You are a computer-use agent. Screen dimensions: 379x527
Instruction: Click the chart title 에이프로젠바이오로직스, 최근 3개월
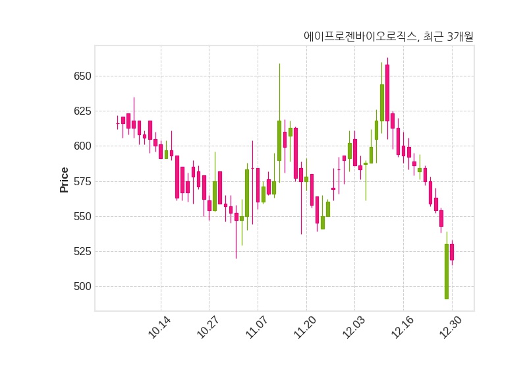[389, 37]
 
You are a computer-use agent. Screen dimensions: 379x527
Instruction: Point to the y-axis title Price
[65, 179]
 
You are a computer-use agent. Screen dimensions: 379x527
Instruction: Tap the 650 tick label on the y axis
[82, 76]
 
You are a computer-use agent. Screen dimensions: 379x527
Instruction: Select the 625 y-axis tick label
[82, 111]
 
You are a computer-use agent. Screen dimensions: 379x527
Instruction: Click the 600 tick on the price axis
[82, 146]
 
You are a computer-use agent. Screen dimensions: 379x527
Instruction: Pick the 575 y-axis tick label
[82, 181]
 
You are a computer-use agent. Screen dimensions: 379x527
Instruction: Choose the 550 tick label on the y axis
[82, 216]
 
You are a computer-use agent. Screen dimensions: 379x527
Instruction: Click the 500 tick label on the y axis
[82, 287]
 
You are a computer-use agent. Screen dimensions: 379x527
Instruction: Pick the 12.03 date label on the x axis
[354, 328]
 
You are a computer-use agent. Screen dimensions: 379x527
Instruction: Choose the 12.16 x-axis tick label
[402, 328]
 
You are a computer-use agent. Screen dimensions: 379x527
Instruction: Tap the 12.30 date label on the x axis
[451, 328]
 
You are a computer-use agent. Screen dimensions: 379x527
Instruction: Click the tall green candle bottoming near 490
[447, 272]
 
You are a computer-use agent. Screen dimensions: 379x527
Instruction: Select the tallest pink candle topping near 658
[387, 92]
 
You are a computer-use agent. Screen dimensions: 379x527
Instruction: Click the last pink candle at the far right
[452, 252]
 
